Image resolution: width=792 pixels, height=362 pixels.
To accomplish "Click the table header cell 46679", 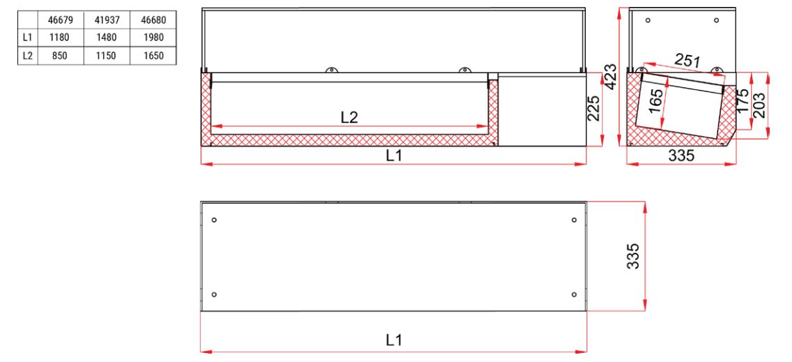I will tap(59, 21).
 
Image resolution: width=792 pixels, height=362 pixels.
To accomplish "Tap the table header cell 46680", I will tap(150, 21).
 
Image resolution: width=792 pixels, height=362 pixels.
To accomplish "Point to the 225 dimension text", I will tap(594, 109).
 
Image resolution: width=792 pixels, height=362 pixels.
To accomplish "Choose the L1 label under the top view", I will tap(394, 340).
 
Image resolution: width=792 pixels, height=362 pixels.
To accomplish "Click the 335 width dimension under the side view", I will tap(681, 156).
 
